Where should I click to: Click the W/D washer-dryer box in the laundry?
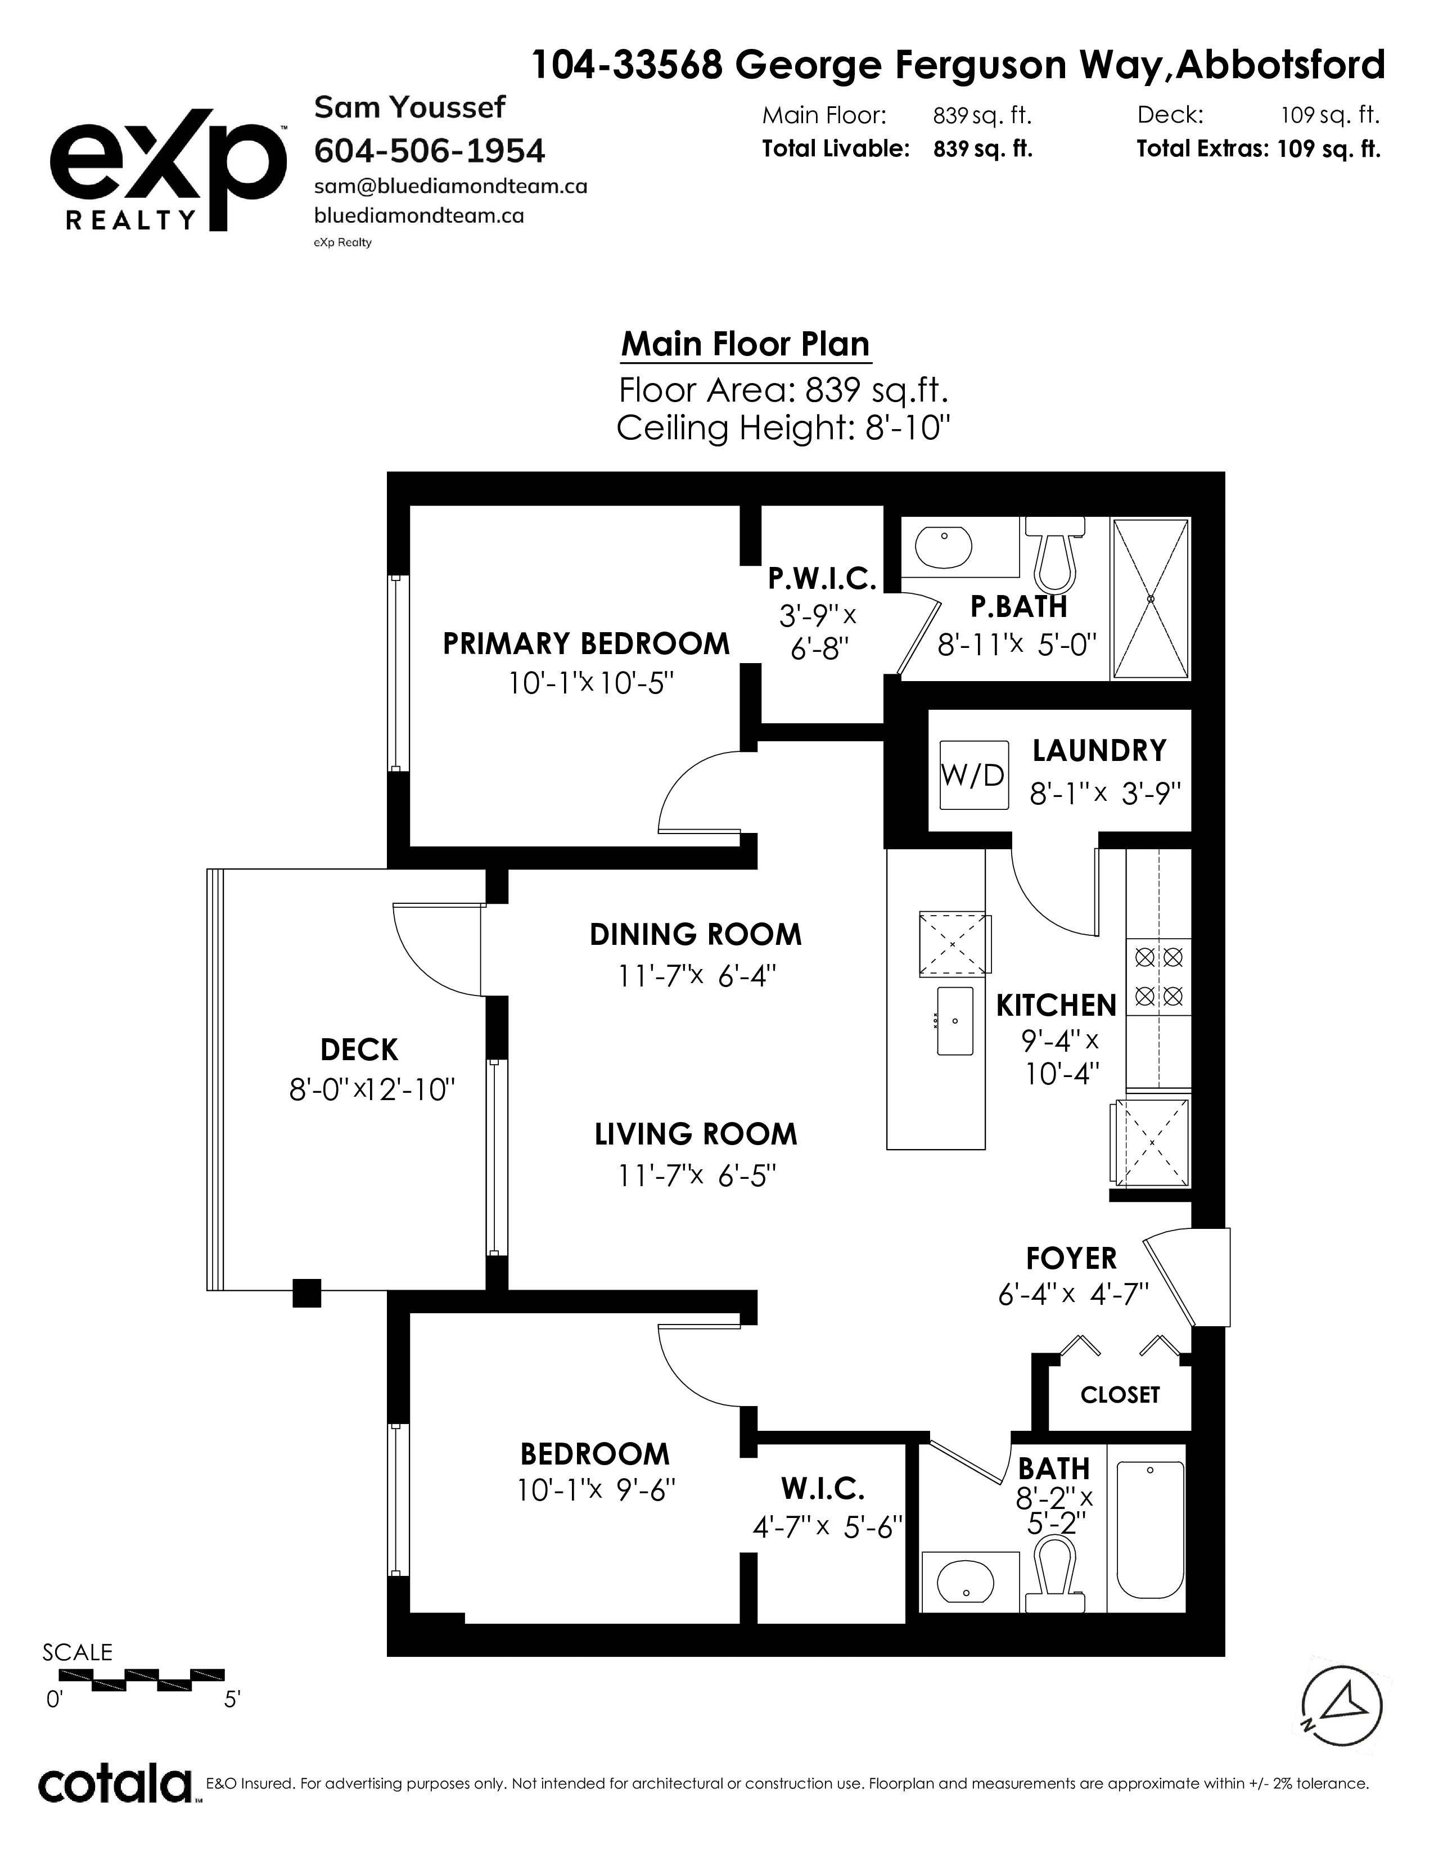coord(973,774)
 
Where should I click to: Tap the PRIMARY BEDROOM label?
coord(586,643)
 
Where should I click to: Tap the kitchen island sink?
coord(955,1021)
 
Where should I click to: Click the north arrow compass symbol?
coord(1342,1706)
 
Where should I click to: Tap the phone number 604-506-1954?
coord(430,151)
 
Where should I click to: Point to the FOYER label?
coord(1070,1258)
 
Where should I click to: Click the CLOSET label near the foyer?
coord(1120,1395)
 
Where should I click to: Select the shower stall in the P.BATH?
coord(1151,599)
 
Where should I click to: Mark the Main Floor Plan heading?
coord(746,344)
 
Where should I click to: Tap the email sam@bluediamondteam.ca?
coord(451,186)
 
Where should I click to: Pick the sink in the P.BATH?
coord(943,548)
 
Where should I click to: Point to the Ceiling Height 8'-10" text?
coord(782,427)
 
